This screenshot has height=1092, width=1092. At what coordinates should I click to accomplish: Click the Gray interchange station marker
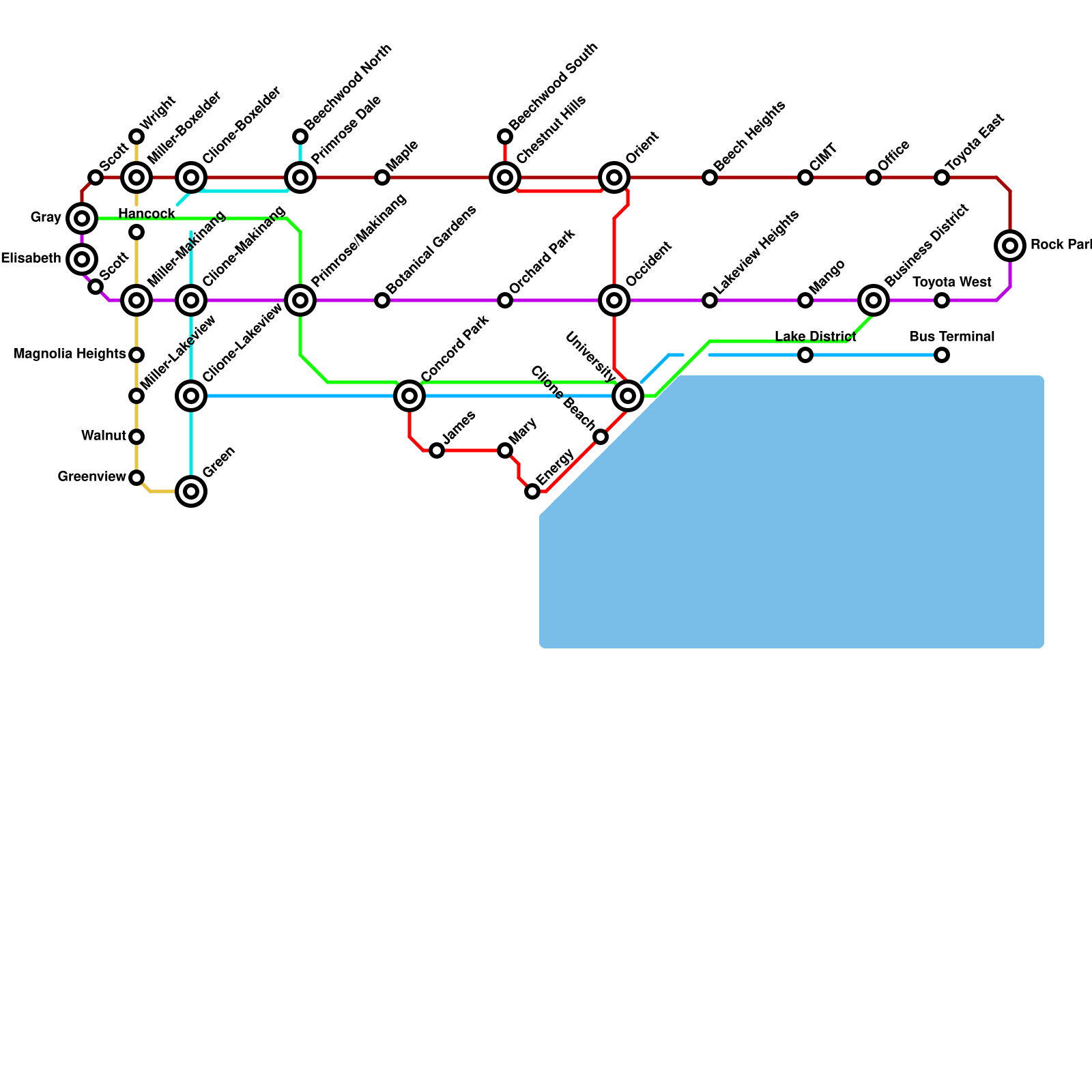point(82,218)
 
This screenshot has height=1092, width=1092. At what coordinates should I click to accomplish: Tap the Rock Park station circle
point(1010,246)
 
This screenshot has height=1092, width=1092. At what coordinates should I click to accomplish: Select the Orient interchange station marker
point(614,177)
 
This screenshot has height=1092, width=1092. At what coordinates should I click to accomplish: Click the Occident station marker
point(614,300)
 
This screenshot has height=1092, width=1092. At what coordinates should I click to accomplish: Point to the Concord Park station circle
point(409,396)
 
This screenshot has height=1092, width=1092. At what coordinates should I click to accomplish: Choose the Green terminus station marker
point(191,491)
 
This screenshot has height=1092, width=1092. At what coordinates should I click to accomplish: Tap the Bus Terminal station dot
point(942,355)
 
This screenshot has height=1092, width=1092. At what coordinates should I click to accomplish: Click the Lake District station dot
point(805,355)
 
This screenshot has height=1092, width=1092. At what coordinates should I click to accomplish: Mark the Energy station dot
point(532,491)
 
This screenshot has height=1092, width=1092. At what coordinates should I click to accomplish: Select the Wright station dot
point(136,136)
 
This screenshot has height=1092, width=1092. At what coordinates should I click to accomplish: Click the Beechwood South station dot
point(505,136)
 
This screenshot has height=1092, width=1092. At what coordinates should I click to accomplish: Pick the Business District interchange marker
point(874,300)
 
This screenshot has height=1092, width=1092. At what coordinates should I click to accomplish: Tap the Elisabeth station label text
point(31,259)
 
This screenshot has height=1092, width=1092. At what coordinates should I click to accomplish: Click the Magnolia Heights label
point(70,354)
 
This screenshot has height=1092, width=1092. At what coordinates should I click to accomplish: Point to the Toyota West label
point(951,283)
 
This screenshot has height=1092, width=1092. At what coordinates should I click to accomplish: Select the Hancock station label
point(147,214)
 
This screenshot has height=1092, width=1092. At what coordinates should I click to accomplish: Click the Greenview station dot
point(136,478)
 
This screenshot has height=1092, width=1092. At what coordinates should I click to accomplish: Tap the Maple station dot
point(382,177)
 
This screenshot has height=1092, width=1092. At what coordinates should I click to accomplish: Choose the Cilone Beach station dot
point(601,437)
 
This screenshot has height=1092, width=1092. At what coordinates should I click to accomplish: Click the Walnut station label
point(103,436)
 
